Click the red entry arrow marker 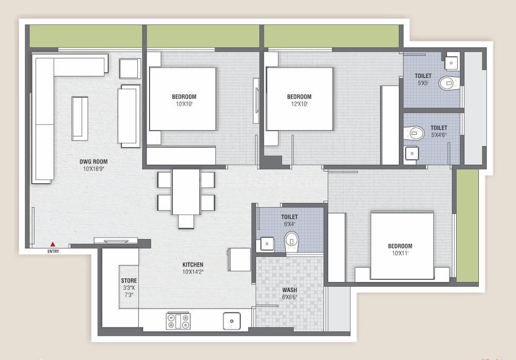point(53,244)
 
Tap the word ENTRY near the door point(53,252)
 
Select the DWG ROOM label point(93,162)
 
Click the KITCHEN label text point(192,264)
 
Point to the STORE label point(129,281)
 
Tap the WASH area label point(289,290)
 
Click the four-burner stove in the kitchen point(178,321)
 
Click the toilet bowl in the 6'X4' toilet point(292,240)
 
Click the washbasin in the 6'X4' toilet point(267,243)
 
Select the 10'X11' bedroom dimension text point(400,254)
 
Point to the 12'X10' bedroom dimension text point(299,104)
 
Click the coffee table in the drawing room point(79,118)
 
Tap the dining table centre point(186,191)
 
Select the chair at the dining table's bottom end point(186,222)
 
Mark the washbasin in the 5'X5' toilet point(451,62)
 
